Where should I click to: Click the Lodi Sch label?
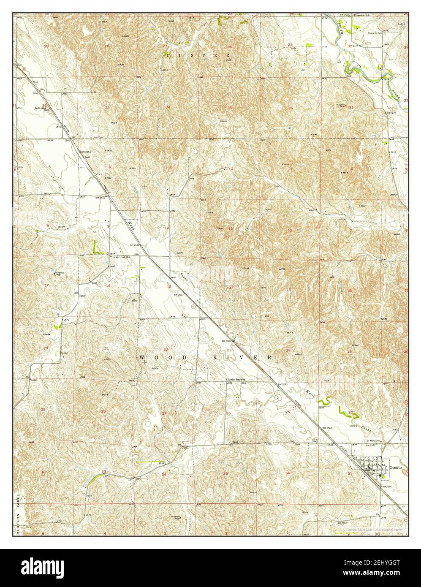point(40,108)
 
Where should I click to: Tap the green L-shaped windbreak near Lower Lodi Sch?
point(97,247)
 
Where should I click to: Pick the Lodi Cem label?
point(99,137)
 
